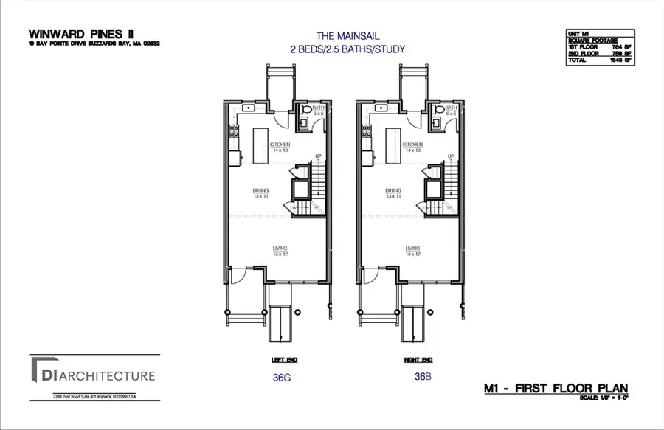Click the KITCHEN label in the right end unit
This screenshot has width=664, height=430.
(412, 145)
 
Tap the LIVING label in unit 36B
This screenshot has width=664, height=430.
(412, 249)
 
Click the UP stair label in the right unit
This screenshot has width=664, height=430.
(449, 156)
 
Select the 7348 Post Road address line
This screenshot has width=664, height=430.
(94, 397)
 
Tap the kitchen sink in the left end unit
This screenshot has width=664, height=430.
(249, 108)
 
